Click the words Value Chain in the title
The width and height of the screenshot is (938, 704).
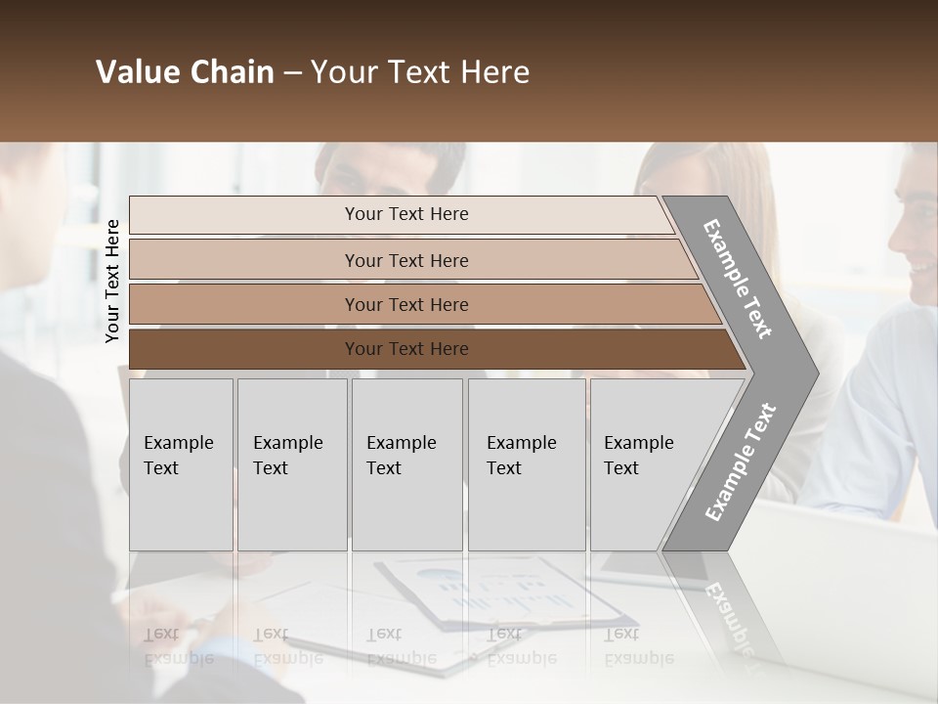click(185, 72)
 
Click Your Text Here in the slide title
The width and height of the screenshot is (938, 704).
click(420, 72)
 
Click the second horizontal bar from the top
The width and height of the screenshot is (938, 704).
click(405, 260)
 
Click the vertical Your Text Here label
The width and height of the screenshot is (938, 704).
click(112, 281)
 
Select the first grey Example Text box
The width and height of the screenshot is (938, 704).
click(181, 464)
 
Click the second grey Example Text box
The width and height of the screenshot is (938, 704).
click(291, 464)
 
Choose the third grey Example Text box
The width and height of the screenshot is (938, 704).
click(406, 464)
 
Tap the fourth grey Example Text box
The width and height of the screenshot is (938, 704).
click(526, 464)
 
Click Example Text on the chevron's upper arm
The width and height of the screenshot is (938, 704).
click(739, 278)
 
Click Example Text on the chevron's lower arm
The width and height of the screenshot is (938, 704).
click(741, 462)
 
